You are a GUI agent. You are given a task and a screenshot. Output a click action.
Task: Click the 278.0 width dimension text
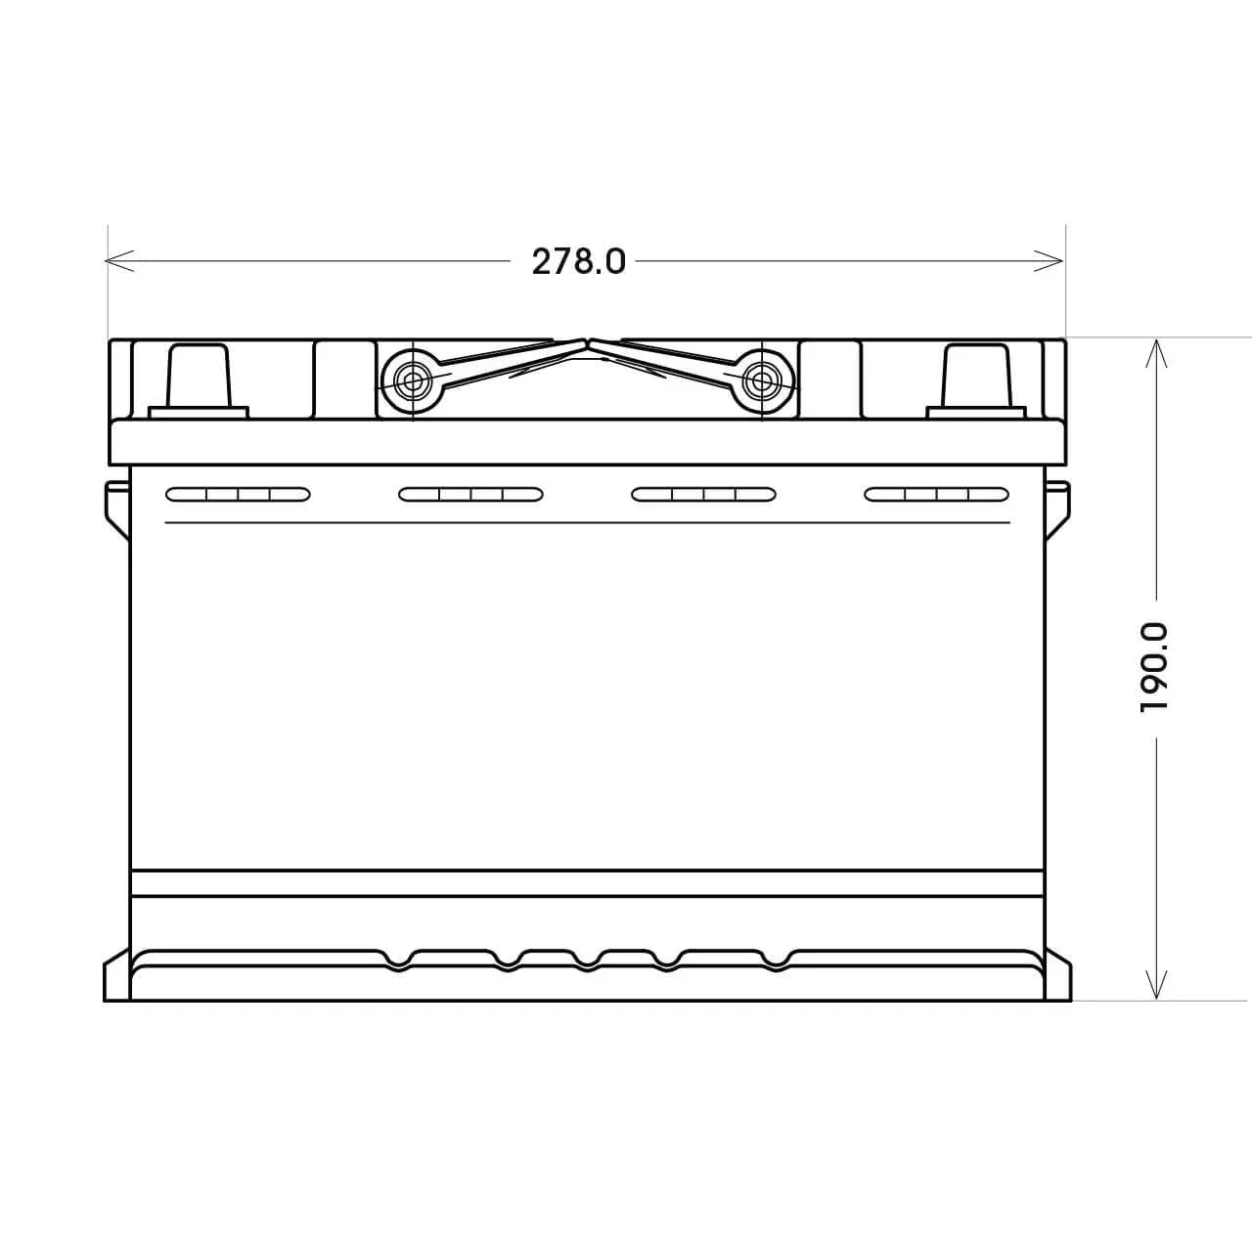pyautogui.click(x=578, y=262)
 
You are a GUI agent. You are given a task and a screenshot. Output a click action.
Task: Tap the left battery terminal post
pyautogui.click(x=199, y=381)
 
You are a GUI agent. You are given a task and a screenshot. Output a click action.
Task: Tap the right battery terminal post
pyautogui.click(x=976, y=381)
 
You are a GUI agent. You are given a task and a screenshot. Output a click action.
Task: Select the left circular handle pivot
pyautogui.click(x=412, y=381)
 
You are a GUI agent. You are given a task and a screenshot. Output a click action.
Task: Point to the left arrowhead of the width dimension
pyautogui.click(x=119, y=260)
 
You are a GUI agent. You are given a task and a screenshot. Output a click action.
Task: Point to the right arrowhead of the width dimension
pyautogui.click(x=1050, y=260)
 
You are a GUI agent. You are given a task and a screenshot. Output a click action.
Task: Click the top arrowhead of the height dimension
pyautogui.click(x=1156, y=353)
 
